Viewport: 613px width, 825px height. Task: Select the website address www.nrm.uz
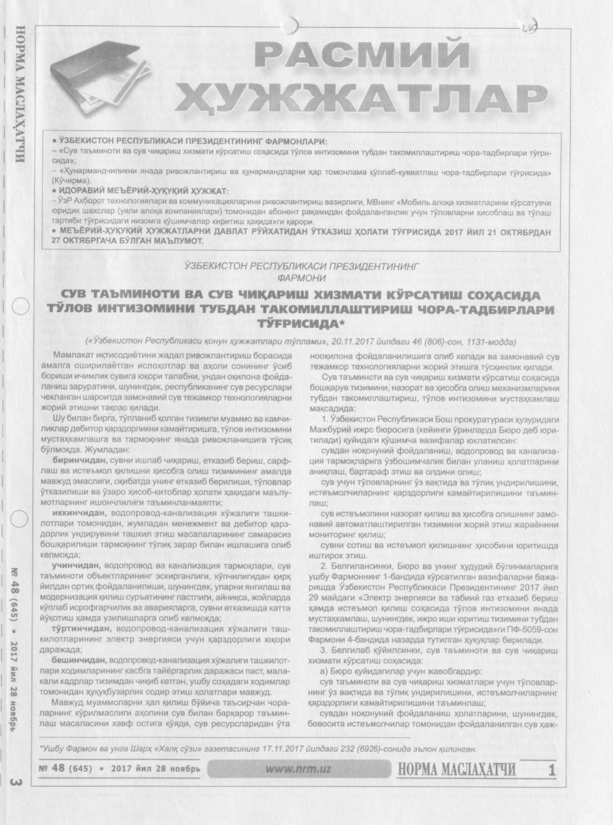[298, 769]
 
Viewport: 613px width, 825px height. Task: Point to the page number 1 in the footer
[551, 771]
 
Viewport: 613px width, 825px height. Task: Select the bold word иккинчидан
[79, 513]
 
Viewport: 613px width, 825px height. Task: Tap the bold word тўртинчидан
[81, 629]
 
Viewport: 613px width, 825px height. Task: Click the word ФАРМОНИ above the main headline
[302, 278]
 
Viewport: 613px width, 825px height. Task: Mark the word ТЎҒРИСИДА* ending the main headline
[301, 324]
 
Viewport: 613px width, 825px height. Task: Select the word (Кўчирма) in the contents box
[71, 181]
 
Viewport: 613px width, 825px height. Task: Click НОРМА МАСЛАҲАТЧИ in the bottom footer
[456, 770]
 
